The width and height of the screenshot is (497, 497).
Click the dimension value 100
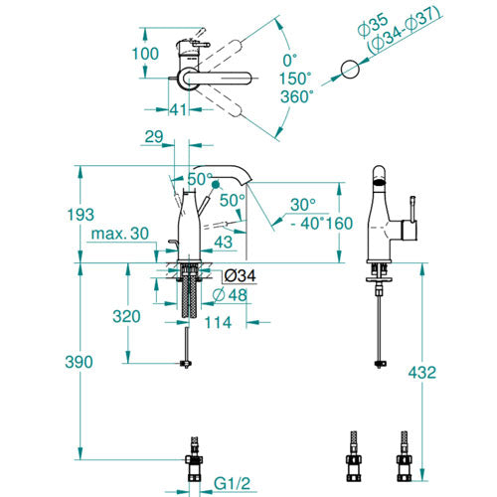pos(145,54)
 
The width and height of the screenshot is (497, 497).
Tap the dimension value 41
pos(179,109)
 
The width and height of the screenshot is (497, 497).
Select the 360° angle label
pos(297,97)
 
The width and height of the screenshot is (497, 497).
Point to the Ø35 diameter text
pos(374,24)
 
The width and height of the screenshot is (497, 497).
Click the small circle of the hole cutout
pos(350,70)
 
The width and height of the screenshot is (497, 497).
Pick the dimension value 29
pos(154,136)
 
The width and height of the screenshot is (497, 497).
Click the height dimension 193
pos(81,215)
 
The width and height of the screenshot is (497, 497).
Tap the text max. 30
pos(120,234)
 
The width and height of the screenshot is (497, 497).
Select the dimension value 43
pos(224,243)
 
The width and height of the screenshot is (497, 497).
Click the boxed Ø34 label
pos(240,275)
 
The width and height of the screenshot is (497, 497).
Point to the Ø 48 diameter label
pos(230,295)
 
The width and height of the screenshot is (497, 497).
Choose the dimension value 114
pos(218,322)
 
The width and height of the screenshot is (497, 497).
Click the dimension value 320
pos(126,316)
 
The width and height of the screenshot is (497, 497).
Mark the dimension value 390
pos(79,362)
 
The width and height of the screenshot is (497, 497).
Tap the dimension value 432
pos(422,373)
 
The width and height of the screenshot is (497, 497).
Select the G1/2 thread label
pos(232,484)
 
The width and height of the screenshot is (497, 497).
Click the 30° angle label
pos(303,205)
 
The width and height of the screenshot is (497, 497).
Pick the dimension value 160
pos(339,224)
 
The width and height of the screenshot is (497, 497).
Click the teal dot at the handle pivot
pos(216,184)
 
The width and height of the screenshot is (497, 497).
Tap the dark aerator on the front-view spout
pos(380,182)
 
